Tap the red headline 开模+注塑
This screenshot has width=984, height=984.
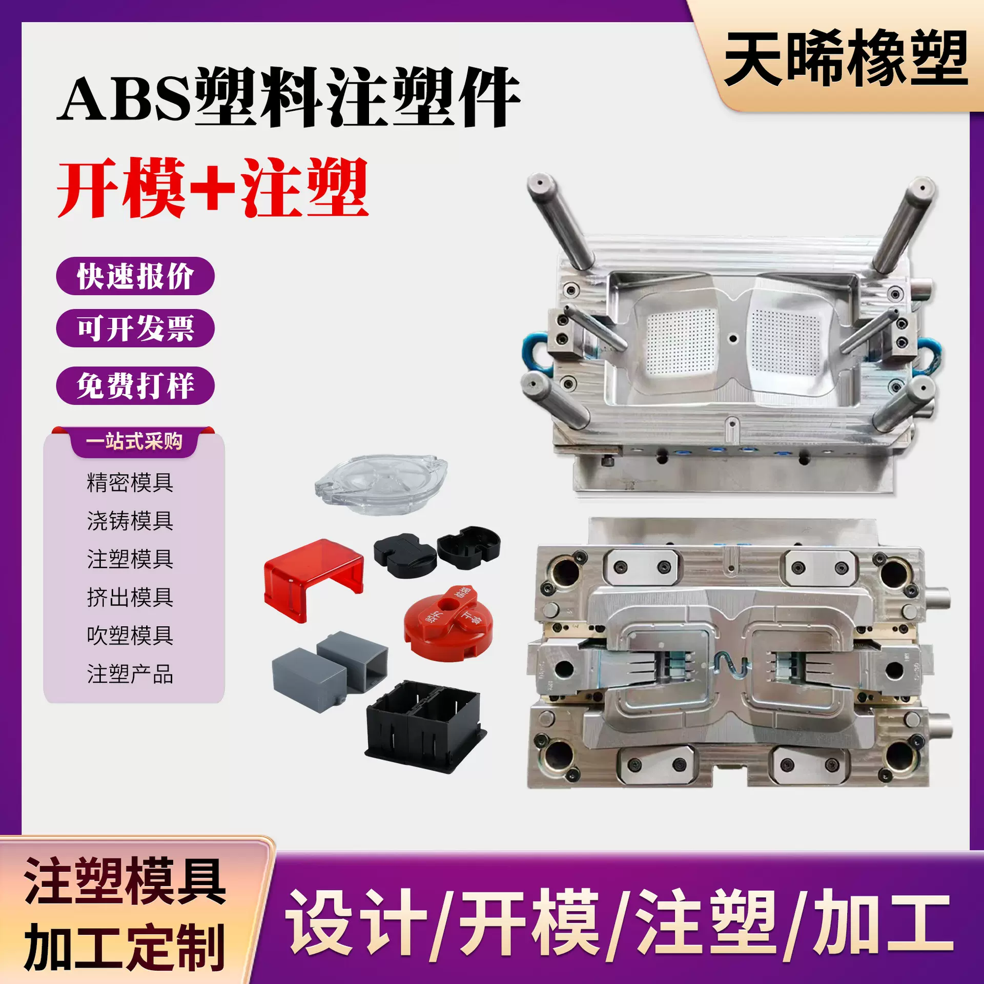tap(213, 188)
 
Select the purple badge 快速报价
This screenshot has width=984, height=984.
tap(135, 276)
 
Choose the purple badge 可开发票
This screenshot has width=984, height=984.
tap(135, 328)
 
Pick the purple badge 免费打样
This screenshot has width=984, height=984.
tap(135, 385)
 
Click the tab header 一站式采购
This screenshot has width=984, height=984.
tap(134, 441)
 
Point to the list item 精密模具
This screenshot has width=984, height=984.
tap(130, 482)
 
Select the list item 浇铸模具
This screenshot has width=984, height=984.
tap(130, 521)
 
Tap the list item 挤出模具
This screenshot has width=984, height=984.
tap(130, 597)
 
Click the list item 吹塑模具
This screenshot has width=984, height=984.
tap(130, 635)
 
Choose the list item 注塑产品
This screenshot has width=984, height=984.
tap(130, 674)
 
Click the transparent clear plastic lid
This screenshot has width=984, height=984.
tap(381, 483)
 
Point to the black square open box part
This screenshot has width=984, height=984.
tap(424, 725)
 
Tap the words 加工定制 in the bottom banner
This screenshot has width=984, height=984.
tap(125, 947)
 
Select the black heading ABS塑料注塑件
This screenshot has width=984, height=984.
tap(289, 97)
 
